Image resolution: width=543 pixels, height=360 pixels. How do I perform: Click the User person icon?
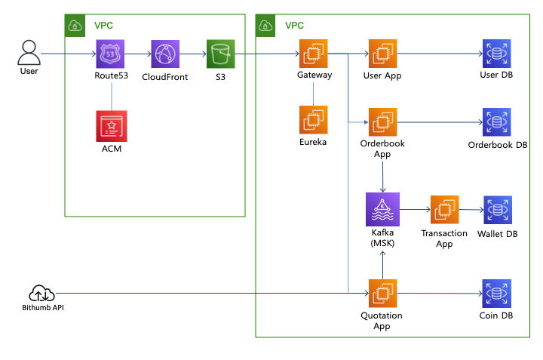point(29,52)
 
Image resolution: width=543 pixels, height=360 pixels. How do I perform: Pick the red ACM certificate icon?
point(112,126)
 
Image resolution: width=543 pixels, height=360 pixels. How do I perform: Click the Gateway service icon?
point(314,54)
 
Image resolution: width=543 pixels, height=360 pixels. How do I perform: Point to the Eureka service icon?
point(314,120)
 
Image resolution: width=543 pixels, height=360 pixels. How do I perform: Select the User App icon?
point(382,54)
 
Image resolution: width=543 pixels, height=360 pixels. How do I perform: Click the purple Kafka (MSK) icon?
point(382,208)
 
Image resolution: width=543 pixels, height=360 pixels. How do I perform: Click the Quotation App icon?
point(382,294)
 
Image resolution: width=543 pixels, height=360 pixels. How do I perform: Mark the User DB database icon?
point(497,54)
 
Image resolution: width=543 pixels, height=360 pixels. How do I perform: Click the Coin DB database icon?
point(497,294)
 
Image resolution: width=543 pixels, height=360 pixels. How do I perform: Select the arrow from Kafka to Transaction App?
point(414,209)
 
